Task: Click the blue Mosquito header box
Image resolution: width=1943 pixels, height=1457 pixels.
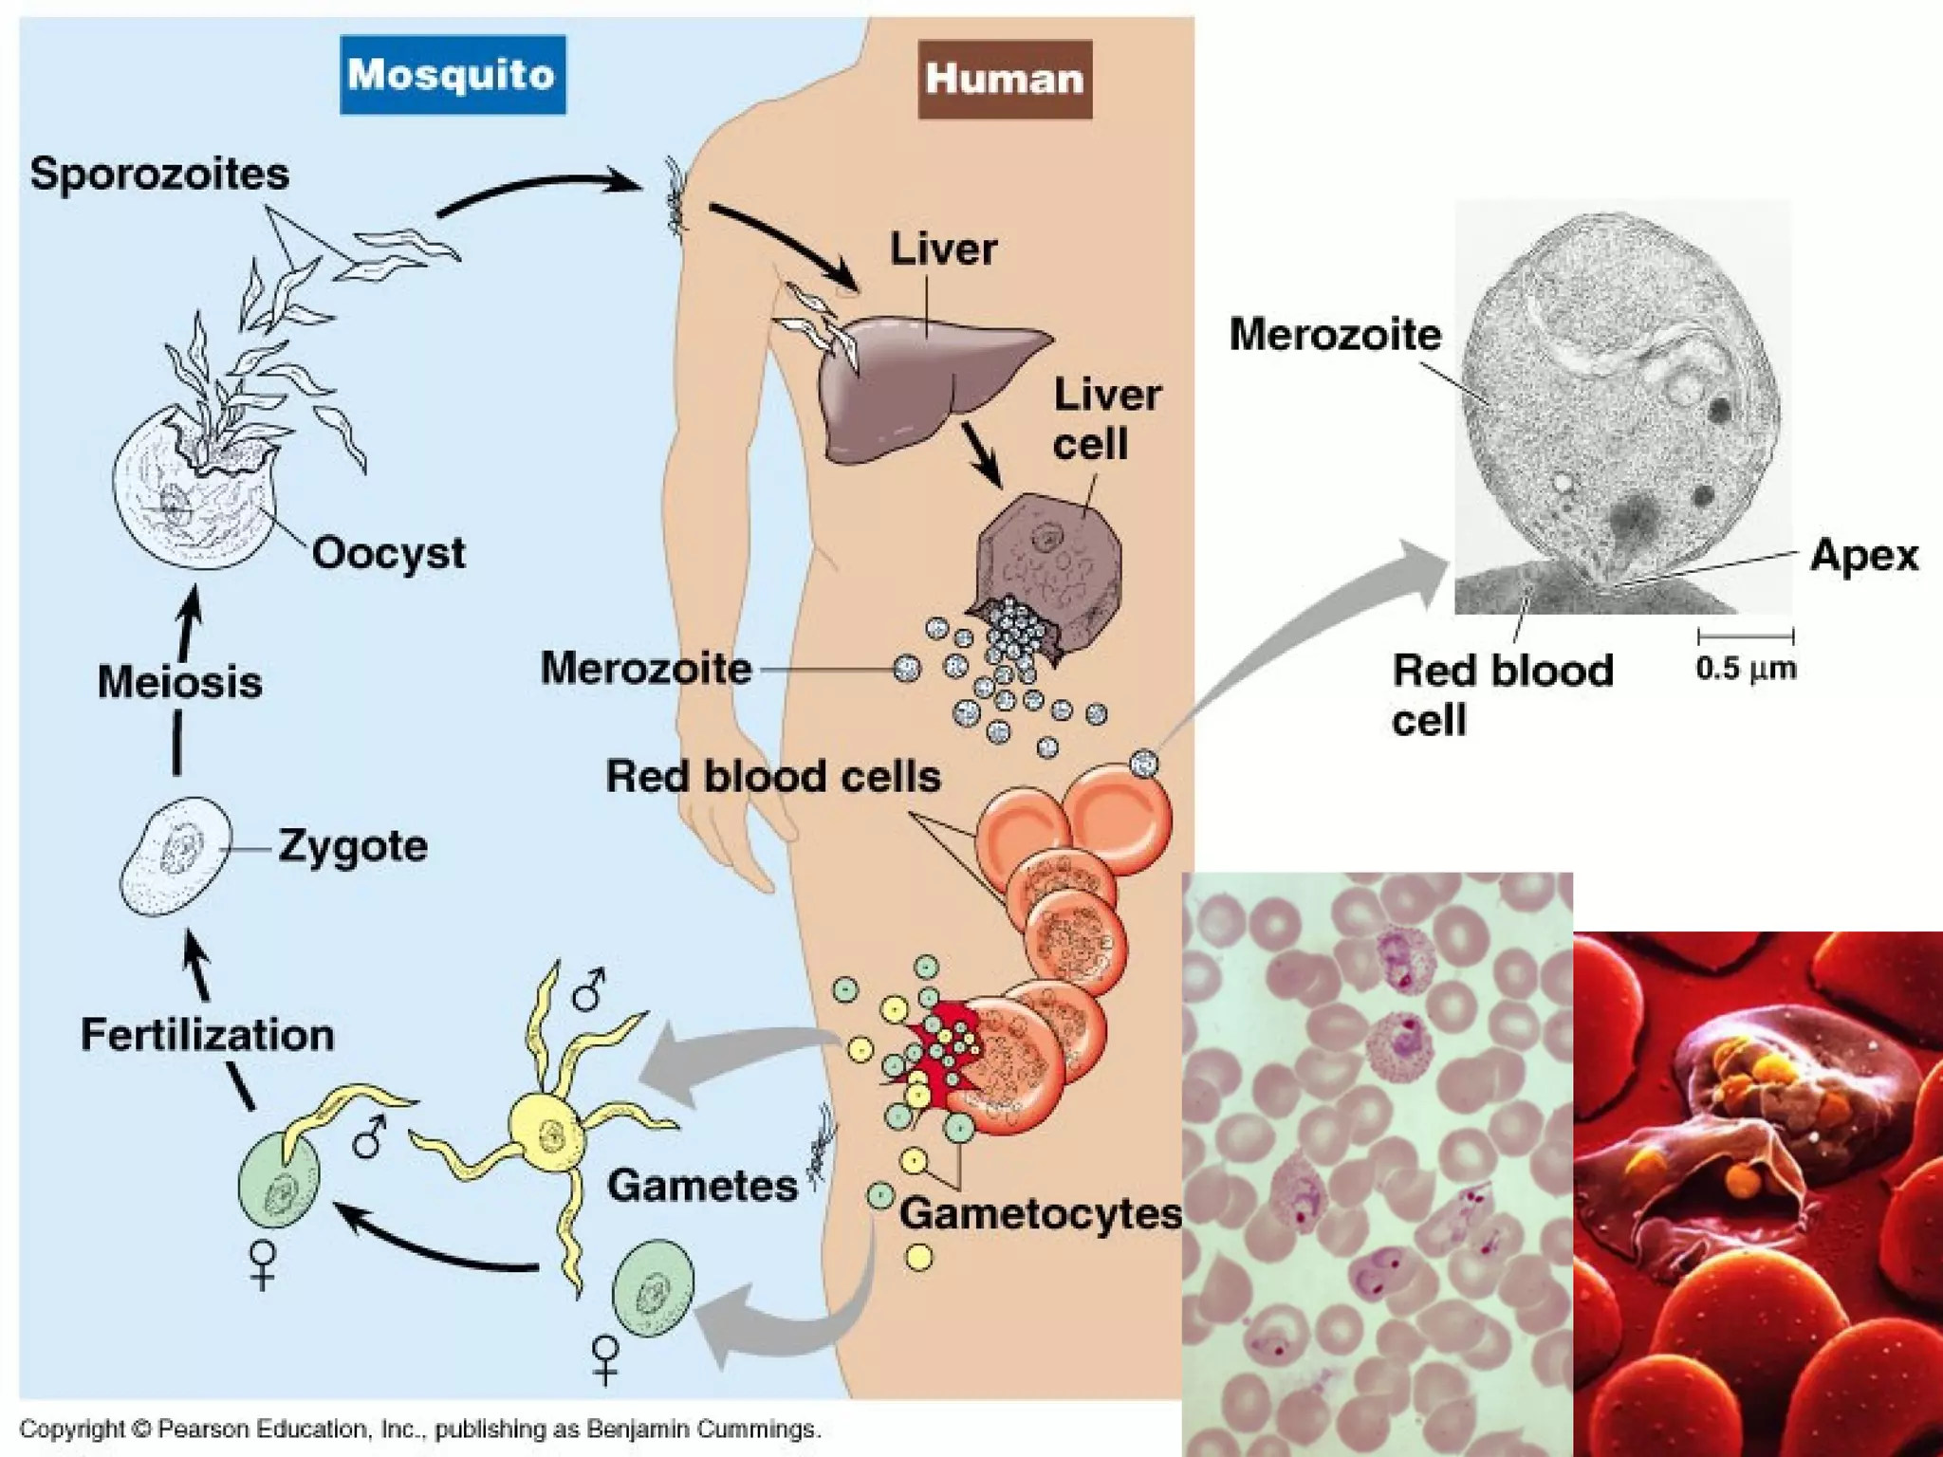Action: (453, 75)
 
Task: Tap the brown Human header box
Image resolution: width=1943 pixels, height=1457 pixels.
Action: (1005, 79)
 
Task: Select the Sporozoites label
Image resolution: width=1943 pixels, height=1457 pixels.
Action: (159, 175)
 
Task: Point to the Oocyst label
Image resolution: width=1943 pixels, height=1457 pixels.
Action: (389, 553)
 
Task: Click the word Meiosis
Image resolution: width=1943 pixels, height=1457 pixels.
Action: (179, 682)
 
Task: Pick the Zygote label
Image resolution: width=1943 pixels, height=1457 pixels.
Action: (353, 846)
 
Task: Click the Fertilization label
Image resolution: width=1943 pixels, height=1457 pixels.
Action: (207, 1035)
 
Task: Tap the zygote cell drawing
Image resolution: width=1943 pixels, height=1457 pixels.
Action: (176, 856)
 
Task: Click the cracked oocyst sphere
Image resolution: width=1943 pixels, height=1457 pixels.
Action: (190, 493)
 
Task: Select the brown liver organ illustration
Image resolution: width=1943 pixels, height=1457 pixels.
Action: (911, 384)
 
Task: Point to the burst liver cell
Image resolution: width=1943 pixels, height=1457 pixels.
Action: (1048, 560)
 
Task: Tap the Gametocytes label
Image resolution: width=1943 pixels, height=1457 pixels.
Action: (1041, 1213)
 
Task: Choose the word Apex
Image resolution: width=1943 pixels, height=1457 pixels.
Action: (1863, 555)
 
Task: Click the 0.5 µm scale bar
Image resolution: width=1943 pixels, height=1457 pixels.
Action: (1746, 636)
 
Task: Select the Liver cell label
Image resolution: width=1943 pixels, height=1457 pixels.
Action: (1105, 419)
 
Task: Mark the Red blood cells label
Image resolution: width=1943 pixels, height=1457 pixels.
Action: (773, 776)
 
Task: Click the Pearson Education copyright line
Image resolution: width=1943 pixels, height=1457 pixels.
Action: (419, 1429)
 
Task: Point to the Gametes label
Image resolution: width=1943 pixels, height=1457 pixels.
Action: (702, 1186)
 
